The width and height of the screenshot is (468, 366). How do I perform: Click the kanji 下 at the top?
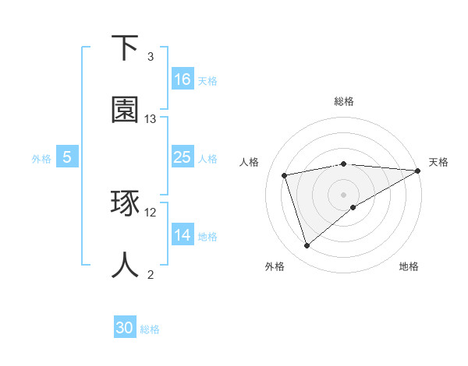click(126, 48)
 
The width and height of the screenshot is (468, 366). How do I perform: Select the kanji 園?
click(126, 110)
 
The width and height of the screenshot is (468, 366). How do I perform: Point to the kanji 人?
click(126, 266)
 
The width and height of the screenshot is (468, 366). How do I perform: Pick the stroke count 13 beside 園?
click(151, 119)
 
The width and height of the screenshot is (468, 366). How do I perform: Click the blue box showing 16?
click(183, 79)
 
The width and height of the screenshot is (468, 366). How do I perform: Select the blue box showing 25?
click(183, 157)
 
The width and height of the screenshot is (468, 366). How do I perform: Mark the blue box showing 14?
click(183, 235)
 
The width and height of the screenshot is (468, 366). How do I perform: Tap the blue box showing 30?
click(125, 329)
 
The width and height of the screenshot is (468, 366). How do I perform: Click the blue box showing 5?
click(67, 157)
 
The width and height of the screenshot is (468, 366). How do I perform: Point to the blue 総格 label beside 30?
click(150, 329)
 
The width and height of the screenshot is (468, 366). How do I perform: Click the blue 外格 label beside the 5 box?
click(41, 158)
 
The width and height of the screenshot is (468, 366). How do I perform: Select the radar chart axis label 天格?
click(439, 162)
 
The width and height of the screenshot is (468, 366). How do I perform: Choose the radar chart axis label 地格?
click(409, 266)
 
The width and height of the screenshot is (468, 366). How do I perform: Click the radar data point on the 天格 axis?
click(418, 171)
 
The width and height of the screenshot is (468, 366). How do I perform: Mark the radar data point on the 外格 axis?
click(307, 246)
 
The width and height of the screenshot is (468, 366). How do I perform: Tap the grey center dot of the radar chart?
click(344, 195)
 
